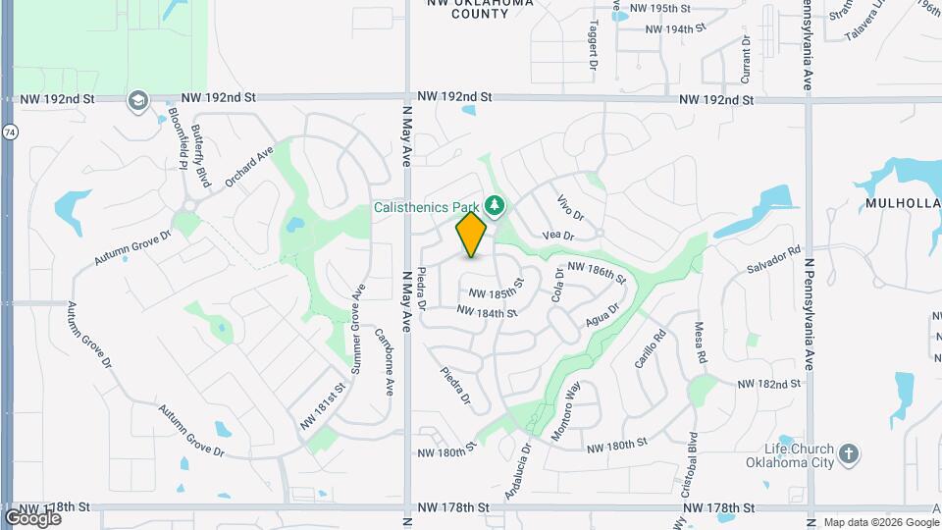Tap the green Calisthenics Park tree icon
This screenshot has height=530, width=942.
(x=496, y=205)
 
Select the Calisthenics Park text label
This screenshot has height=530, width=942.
(x=426, y=206)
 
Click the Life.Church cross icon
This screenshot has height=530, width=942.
(x=850, y=453)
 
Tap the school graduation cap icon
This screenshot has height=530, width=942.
(x=137, y=100)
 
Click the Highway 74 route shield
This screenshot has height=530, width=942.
(x=9, y=132)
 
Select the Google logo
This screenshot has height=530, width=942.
(x=32, y=517)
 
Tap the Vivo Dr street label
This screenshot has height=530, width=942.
(x=570, y=207)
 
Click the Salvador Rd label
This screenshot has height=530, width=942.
(x=774, y=259)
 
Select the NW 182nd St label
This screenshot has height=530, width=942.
(x=768, y=384)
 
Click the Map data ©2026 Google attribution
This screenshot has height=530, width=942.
(x=880, y=522)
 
